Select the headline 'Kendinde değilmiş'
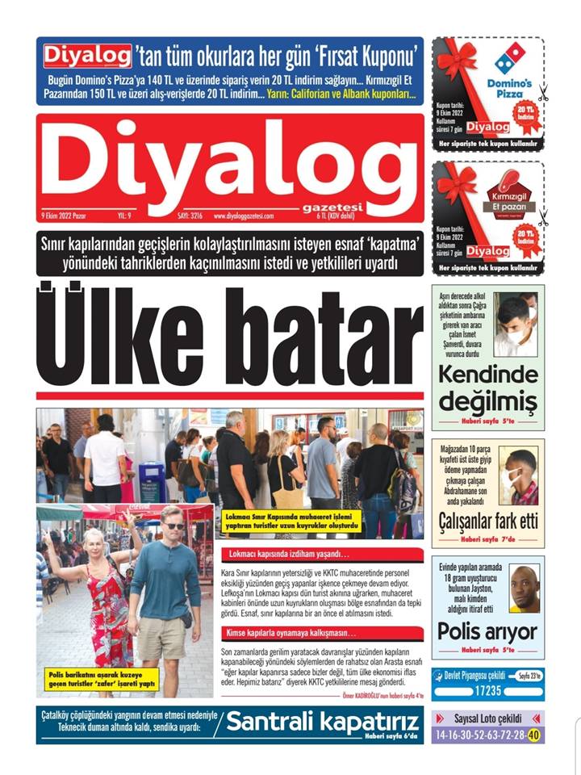point(487,387)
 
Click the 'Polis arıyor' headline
point(487,630)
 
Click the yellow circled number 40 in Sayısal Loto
point(534,735)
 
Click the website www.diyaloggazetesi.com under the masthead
point(245,216)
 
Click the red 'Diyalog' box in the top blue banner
point(86,55)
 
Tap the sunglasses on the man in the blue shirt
point(173,526)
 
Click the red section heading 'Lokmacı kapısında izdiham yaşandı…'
point(286,555)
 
